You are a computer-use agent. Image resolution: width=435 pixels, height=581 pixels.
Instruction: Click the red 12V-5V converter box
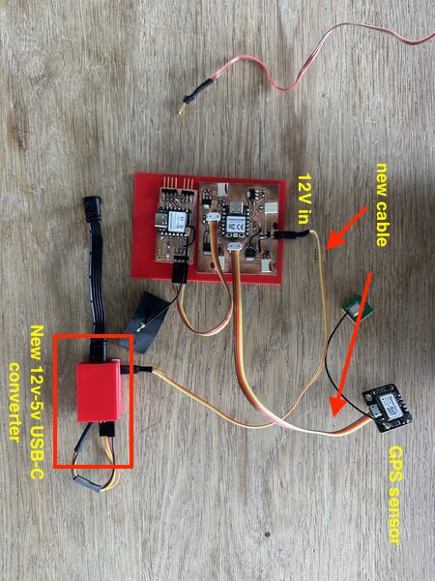pos(99,391)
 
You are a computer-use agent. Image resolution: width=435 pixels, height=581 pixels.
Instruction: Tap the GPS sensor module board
pos(388,408)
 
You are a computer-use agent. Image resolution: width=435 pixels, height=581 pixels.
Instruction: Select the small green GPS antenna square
pos(358,308)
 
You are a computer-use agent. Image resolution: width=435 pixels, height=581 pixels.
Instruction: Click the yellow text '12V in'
pos(304,199)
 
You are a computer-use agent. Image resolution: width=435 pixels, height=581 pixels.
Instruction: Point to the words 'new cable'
pos(382,204)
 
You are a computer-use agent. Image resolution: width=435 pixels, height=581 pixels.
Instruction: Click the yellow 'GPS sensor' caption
pos(394,496)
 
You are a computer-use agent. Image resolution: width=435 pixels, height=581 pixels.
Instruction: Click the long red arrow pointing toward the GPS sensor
pos(352,344)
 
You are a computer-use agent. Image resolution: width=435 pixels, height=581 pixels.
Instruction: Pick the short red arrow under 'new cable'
pos(347,228)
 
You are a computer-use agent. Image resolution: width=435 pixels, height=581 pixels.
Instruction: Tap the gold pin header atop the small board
pos(178,183)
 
